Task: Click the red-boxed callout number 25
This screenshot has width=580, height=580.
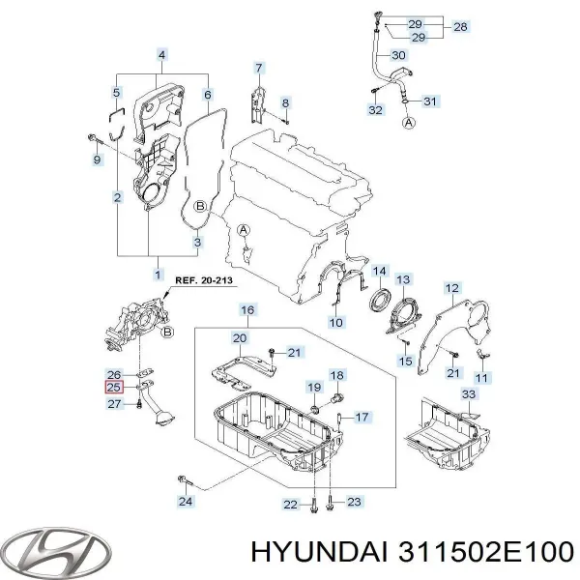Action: click(x=113, y=387)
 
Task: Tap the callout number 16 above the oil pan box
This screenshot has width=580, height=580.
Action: click(x=247, y=309)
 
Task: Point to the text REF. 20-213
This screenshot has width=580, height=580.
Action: click(x=204, y=280)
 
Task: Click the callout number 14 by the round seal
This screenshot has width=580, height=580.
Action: click(x=379, y=271)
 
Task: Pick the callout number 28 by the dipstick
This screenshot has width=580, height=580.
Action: click(x=460, y=27)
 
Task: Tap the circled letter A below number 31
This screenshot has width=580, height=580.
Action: click(x=409, y=123)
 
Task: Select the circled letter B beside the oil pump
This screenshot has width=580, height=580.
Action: click(x=168, y=333)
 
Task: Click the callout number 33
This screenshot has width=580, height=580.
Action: click(x=469, y=394)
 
